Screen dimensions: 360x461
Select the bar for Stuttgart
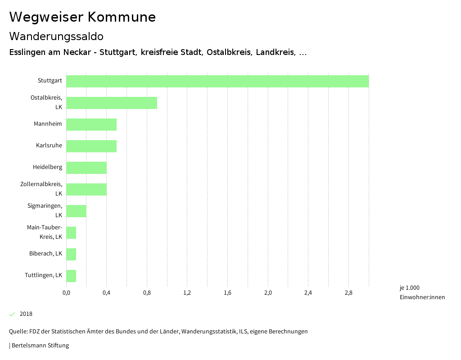[217, 81]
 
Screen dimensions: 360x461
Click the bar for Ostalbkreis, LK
[112, 103]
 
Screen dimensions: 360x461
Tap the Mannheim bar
[91, 124]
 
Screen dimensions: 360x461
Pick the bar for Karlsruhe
[91, 146]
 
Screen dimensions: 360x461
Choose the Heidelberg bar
[86, 168]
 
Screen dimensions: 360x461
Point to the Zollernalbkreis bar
[86, 189]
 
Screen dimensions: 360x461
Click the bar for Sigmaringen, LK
[76, 211]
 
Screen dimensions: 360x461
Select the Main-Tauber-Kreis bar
[71, 232]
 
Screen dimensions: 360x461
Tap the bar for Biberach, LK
[71, 254]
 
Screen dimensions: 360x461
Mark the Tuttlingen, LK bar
[71, 276]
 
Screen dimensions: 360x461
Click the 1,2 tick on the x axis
[187, 293]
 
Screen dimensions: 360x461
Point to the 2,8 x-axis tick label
[348, 293]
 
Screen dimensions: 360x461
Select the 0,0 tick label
[66, 293]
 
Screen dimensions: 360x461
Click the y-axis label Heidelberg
[47, 167]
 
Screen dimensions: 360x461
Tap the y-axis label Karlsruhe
[49, 146]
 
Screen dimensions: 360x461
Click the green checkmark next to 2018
[12, 314]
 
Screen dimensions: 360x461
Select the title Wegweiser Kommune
[82, 17]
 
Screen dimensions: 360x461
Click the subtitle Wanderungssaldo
[56, 36]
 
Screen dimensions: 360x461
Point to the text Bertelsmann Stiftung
[40, 346]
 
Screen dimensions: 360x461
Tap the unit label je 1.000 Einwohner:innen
[422, 292]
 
